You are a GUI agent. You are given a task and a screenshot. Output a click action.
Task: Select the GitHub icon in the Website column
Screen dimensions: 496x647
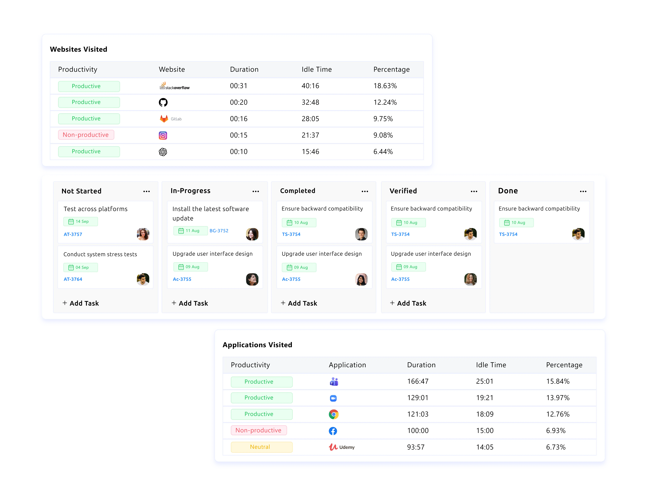coord(163,102)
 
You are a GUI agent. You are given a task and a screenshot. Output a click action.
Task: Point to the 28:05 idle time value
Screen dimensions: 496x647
coord(310,119)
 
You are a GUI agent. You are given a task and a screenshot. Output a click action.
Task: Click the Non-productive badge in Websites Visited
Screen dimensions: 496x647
coord(86,135)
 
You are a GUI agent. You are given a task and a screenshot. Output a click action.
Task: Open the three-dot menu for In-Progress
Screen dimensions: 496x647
coord(256,191)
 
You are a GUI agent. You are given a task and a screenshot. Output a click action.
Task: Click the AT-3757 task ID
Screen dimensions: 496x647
coord(73,234)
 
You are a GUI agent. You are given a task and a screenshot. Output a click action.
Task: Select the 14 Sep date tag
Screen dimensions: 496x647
coord(81,221)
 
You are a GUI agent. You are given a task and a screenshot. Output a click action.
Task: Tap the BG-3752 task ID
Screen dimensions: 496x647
coord(219,231)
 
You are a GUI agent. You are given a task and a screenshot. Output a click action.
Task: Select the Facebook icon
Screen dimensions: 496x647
coord(333,431)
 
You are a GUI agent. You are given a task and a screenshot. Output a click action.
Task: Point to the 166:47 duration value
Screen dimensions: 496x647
coord(418,381)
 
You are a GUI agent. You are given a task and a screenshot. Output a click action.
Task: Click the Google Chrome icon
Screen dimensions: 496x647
coord(334,414)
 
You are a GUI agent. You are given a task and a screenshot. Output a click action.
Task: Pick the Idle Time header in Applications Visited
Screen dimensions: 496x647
coord(491,365)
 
